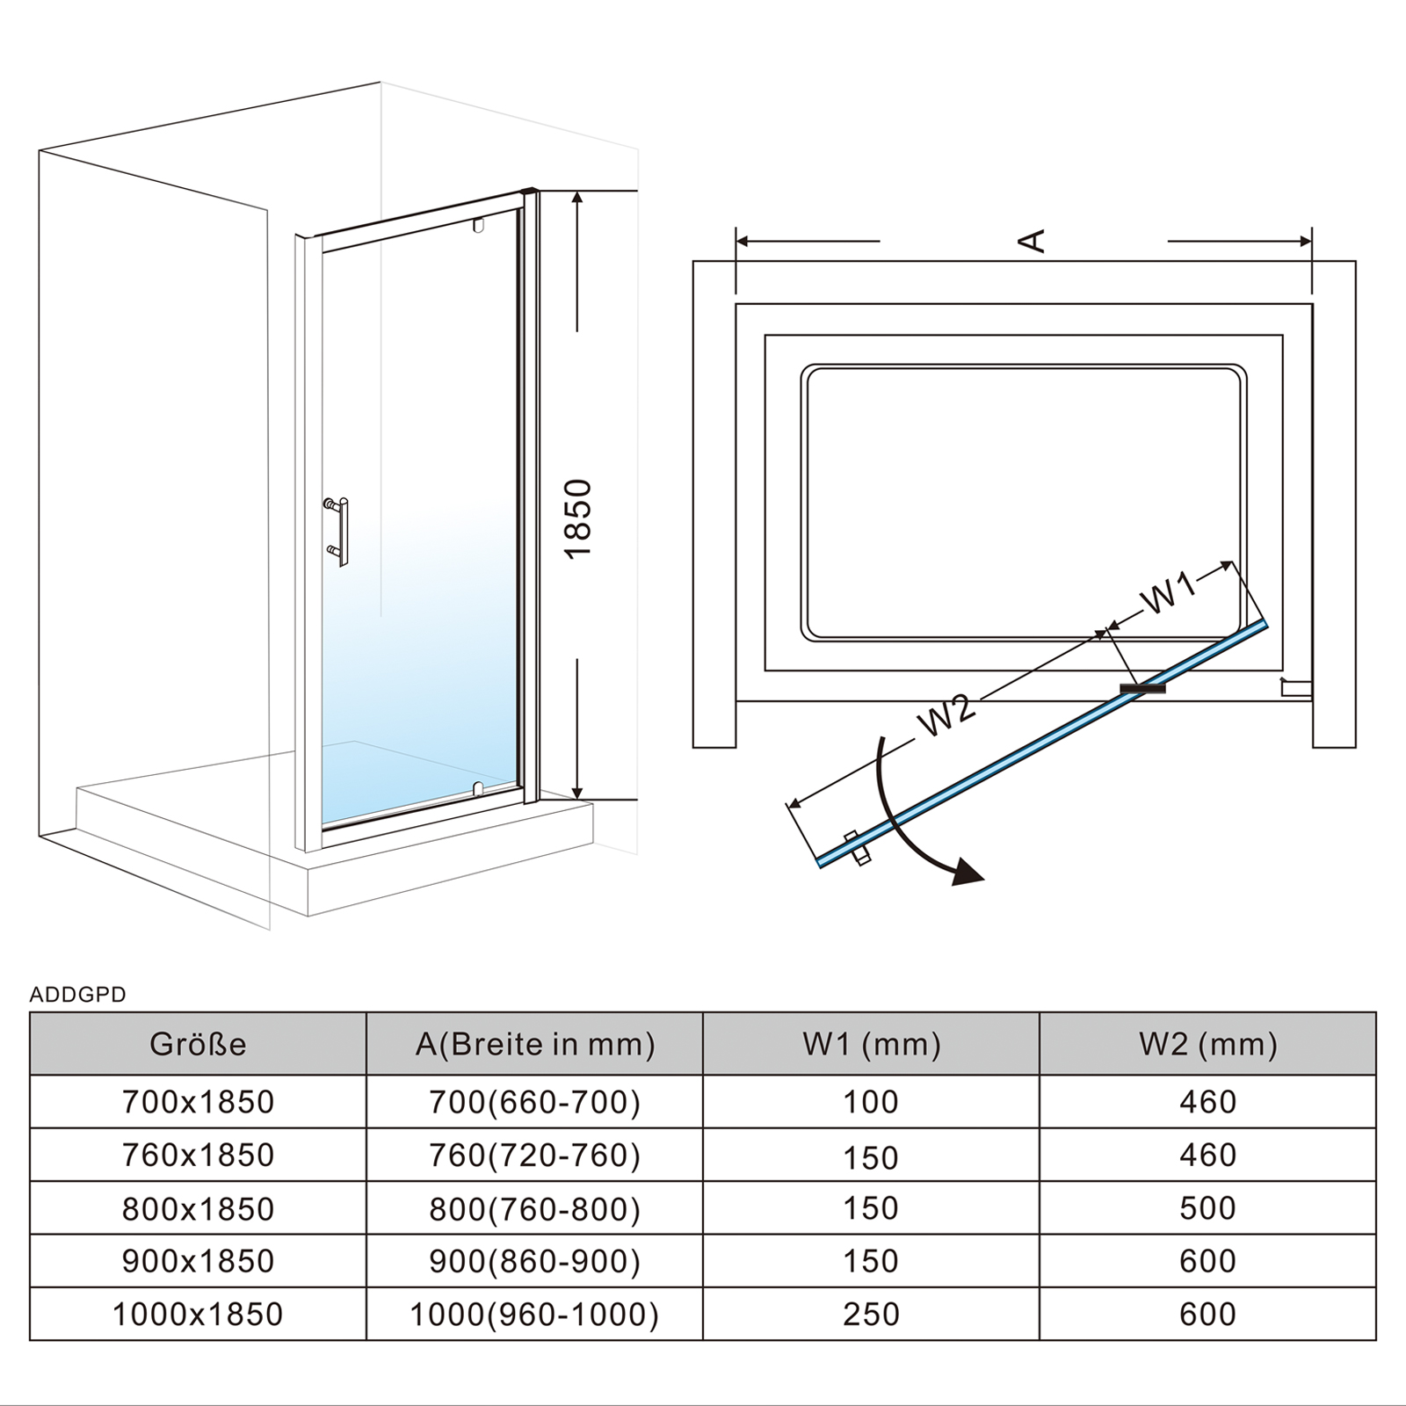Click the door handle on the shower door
(339, 531)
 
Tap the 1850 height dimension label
(578, 518)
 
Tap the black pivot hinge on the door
(1143, 689)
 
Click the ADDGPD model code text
(78, 995)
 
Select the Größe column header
(198, 1044)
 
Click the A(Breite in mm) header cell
(535, 1044)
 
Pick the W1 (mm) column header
(872, 1044)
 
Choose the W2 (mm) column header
(1208, 1044)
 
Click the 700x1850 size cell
(199, 1102)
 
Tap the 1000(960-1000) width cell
(534, 1315)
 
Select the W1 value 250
(872, 1315)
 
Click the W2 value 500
(1208, 1208)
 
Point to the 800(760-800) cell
(534, 1209)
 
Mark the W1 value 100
(872, 1102)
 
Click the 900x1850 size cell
(199, 1262)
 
